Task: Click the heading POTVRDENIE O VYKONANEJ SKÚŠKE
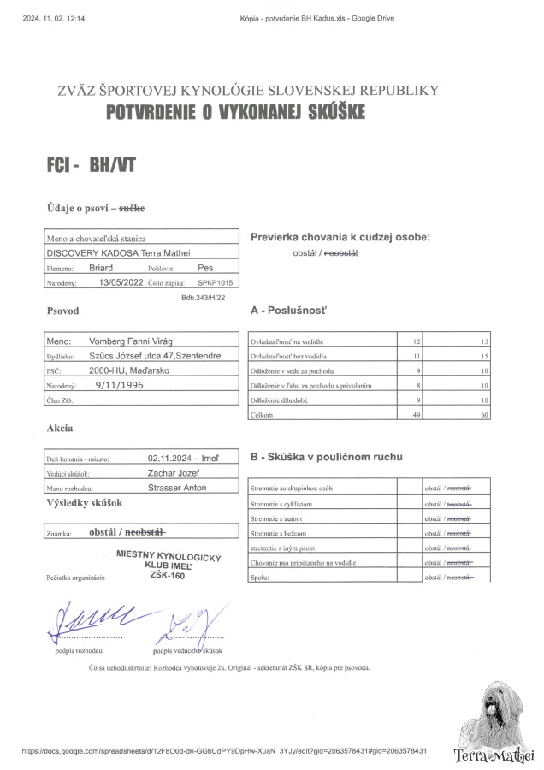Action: (235, 111)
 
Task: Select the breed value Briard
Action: (101, 267)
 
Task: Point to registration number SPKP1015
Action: (215, 281)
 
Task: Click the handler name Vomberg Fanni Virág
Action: (135, 341)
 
